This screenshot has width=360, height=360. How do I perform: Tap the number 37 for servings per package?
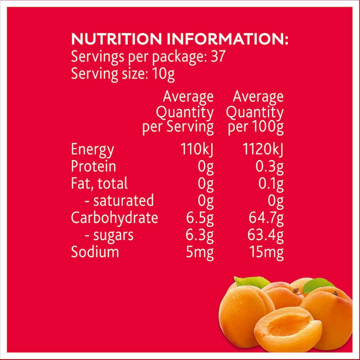click(218, 56)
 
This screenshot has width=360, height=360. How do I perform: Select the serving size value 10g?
click(163, 74)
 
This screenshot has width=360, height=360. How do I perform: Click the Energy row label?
click(92, 150)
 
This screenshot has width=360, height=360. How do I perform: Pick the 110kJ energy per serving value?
click(197, 149)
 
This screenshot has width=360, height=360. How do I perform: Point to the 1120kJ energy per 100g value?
click(263, 149)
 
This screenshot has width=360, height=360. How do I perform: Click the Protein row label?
click(94, 166)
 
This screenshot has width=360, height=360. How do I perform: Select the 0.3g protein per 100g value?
click(270, 166)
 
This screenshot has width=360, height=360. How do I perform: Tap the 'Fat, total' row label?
click(99, 183)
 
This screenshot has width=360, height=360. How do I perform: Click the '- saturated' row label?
click(119, 200)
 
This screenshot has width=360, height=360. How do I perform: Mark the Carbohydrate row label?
click(114, 218)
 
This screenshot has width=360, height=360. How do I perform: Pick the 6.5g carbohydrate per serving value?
click(200, 218)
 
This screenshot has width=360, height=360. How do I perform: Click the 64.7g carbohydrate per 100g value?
click(266, 218)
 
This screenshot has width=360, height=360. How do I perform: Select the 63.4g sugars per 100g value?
click(266, 235)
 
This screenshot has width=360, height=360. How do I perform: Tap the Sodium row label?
click(95, 252)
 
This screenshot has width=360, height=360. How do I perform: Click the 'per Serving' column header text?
click(178, 127)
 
